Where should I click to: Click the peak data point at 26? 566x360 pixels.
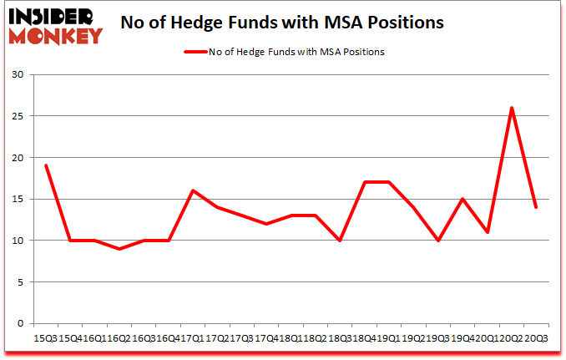[x=511, y=108]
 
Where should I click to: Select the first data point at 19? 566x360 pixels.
[x=45, y=165]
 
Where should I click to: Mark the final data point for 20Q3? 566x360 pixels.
[x=535, y=207]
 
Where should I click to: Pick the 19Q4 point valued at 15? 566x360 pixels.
[x=462, y=199]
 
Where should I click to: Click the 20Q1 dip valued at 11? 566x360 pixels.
[x=487, y=232]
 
